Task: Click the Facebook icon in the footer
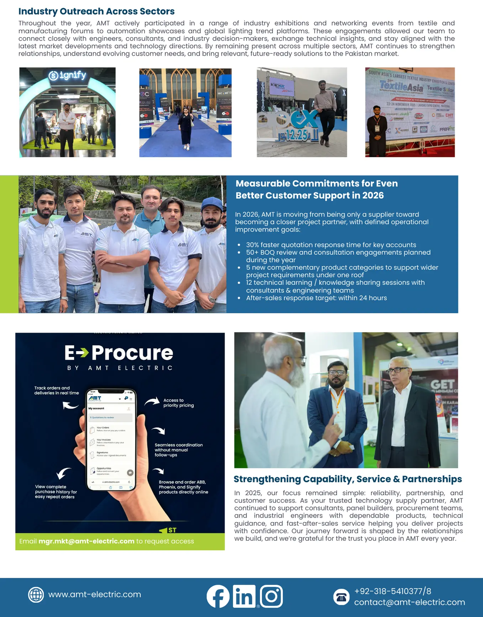coord(218,596)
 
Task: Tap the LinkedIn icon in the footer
coord(244,596)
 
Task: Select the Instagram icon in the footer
coord(271,596)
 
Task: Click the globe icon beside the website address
coord(36,595)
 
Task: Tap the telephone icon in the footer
coord(341,597)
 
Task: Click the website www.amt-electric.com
coord(95,595)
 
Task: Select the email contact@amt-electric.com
coord(409,602)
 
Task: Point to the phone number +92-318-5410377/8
coord(393,591)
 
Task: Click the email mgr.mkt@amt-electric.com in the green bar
coord(86,541)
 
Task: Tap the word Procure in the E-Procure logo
coord(132,353)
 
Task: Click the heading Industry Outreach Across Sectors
coord(96,11)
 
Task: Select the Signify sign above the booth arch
coord(68,75)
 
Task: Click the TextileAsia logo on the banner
coord(401,86)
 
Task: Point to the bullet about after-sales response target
coord(316,298)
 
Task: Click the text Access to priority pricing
coord(178,403)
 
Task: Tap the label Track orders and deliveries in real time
coord(56,390)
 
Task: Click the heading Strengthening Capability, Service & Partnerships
coord(347,479)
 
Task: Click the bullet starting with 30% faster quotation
coord(331,245)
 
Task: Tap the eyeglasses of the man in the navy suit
coord(336,372)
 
